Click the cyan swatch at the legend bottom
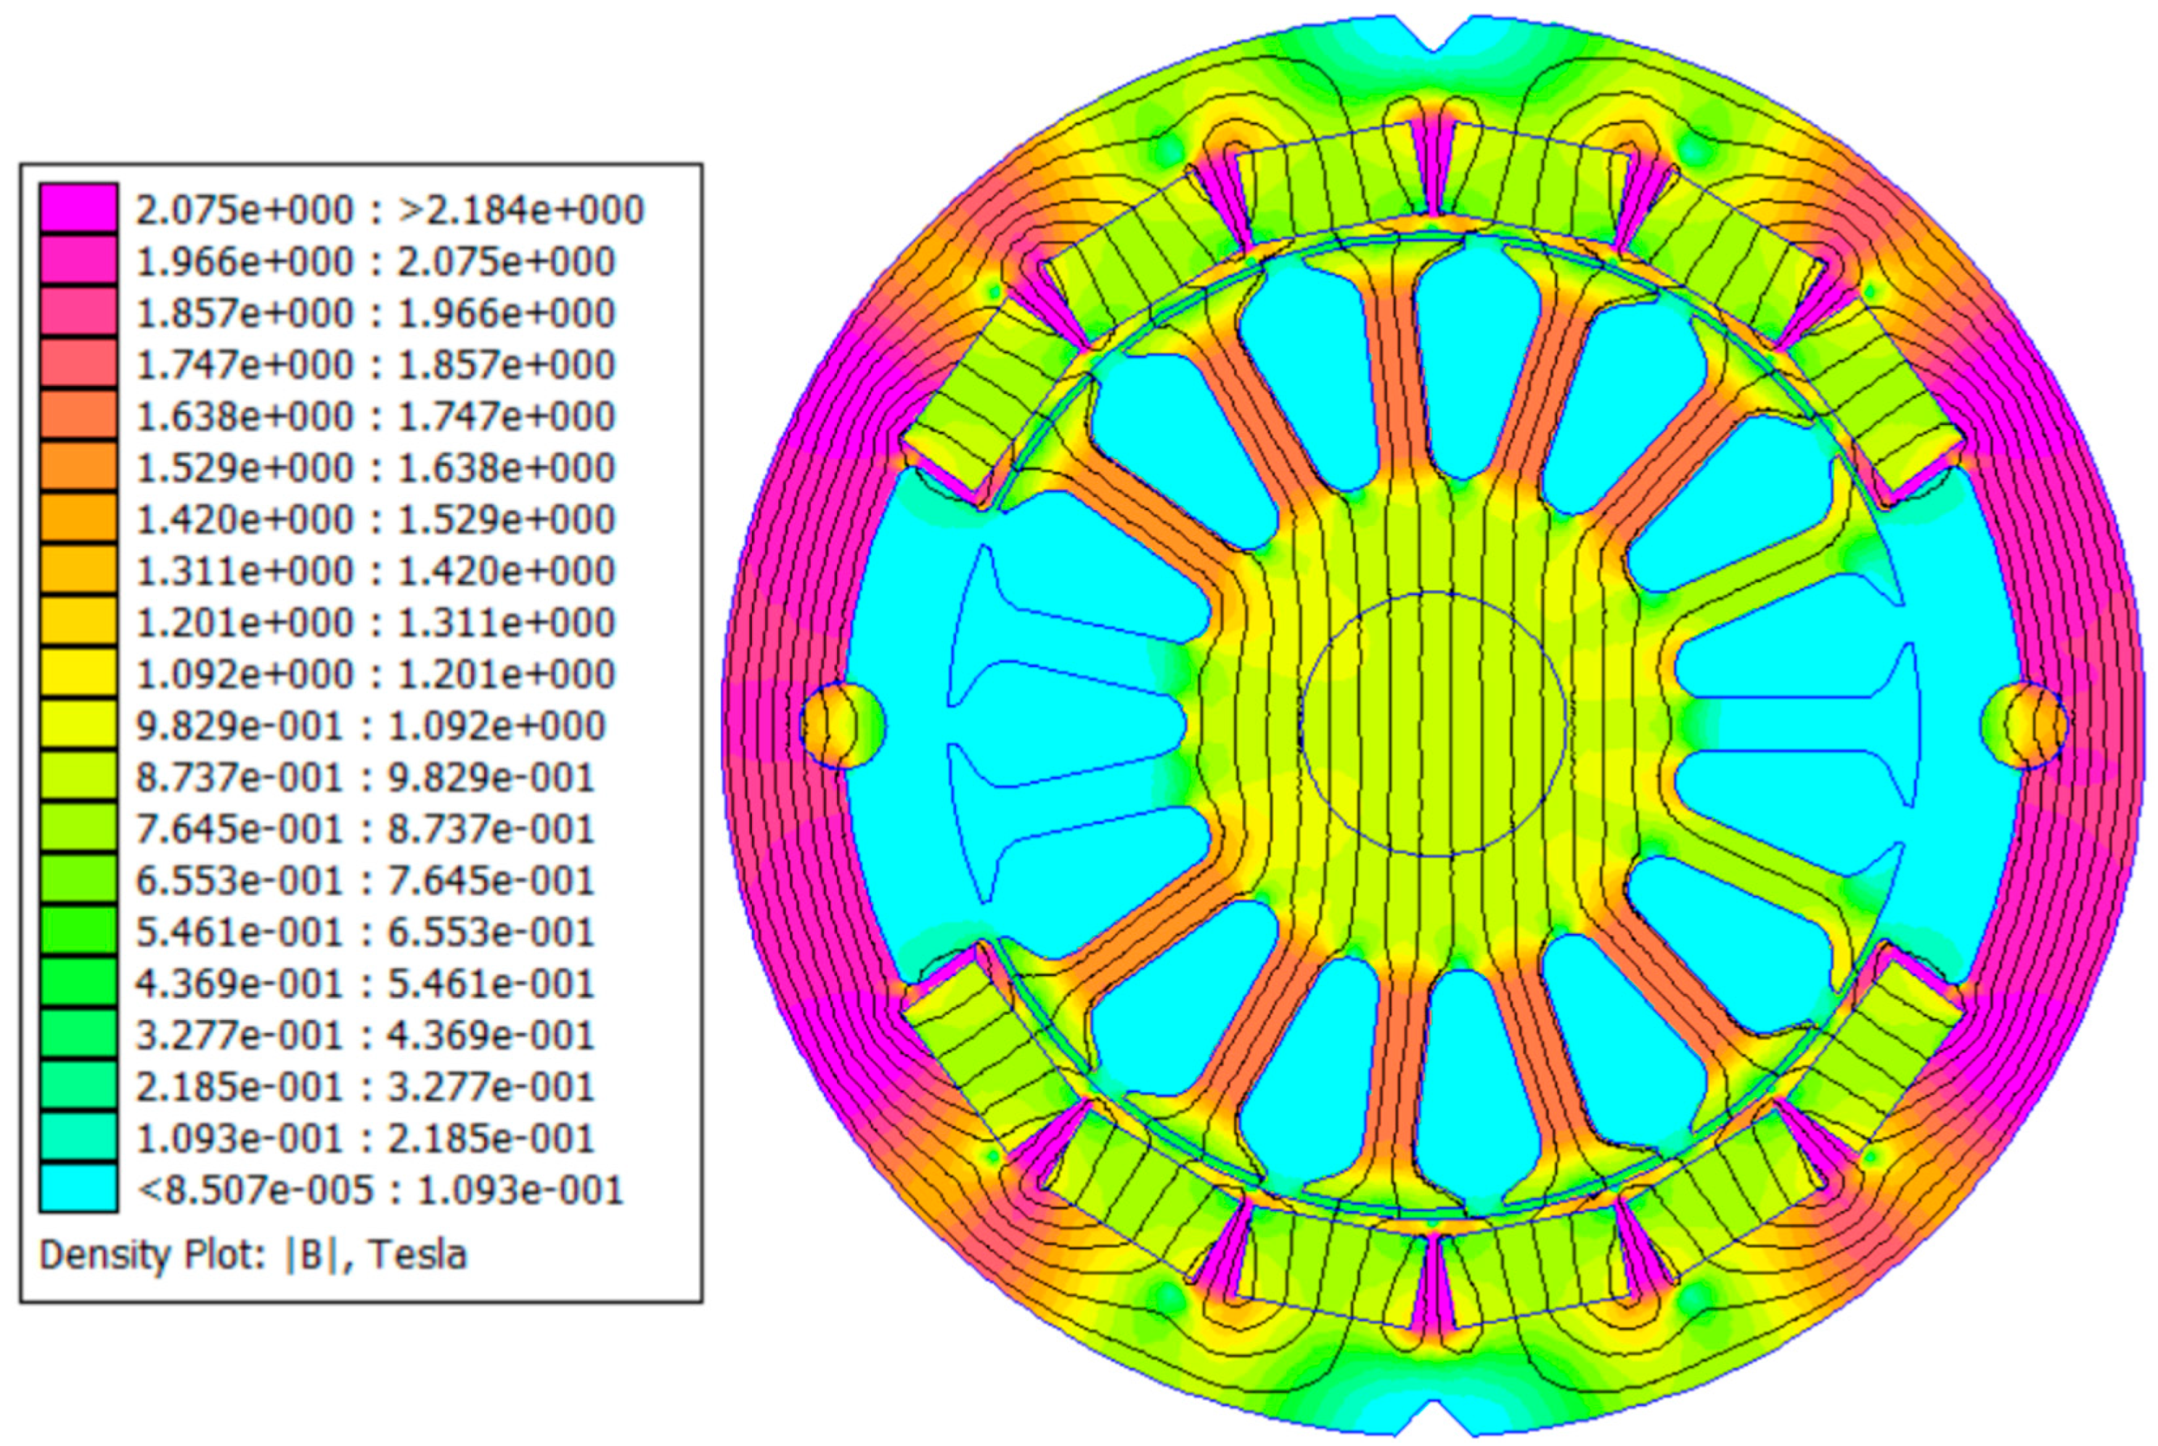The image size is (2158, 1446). pyautogui.click(x=78, y=1188)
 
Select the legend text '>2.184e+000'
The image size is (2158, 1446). pyautogui.click(x=520, y=210)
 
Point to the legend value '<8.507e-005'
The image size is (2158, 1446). pyautogui.click(x=256, y=1190)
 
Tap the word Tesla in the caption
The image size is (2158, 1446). pyautogui.click(x=418, y=1254)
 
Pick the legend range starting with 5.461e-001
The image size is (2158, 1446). pyautogui.click(x=364, y=932)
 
